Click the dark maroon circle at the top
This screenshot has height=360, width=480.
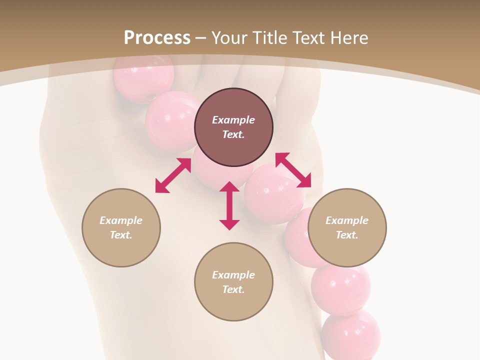pos(233,127)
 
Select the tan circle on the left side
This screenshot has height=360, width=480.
pos(121,227)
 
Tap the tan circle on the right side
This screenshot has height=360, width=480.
pos(347,227)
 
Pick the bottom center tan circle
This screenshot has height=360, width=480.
pos(233,282)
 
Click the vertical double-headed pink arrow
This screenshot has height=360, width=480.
pos(229,205)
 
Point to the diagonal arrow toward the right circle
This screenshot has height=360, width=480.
pos(293,170)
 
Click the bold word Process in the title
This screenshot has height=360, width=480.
pos(157,37)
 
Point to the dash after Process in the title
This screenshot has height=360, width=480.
pos(201,38)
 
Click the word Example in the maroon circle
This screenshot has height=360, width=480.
pos(233,120)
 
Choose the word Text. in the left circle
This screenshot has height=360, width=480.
pos(121,235)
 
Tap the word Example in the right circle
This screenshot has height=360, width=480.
pos(347,220)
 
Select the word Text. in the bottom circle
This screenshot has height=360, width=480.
pos(233,289)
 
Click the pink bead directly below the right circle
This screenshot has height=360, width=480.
pos(340,286)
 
